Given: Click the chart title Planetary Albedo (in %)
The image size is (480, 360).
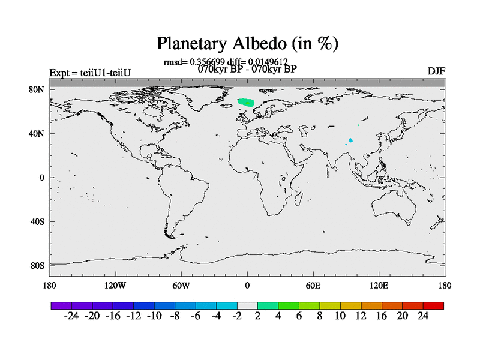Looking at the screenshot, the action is point(247,43).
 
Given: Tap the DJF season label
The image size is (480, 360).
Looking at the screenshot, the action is point(436,71).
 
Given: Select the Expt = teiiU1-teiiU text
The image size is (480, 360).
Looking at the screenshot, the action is point(90,73).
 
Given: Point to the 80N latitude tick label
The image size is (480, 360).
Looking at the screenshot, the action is point(37,89).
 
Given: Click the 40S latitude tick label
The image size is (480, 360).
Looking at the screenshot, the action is point(37,221).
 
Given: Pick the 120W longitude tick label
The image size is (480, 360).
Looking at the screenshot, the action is point(115,286).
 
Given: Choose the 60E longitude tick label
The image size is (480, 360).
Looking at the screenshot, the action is point(313,286).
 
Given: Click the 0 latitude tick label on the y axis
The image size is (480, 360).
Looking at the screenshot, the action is point(41,178).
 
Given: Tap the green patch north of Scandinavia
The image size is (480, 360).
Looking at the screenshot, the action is point(246,103).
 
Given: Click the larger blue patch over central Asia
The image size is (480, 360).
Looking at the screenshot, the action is point(351,140).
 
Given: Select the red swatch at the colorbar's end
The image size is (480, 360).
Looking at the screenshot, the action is point(433,305).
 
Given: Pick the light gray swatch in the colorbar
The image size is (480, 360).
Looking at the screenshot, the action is point(247,305).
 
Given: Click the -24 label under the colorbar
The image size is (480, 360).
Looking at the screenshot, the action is point(71,316).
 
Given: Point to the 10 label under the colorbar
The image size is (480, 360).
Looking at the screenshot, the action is point(340,316).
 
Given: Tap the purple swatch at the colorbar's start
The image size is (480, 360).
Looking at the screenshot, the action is point(61,305).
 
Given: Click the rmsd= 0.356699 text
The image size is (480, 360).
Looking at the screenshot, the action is point(194,62).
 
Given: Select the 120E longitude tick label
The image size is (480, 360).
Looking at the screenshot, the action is point(379,286).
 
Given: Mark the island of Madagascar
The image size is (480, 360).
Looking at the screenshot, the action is point(298,198).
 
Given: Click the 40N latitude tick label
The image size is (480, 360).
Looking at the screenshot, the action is point(37,134).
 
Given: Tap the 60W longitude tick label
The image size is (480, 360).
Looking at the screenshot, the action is point(181,286).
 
